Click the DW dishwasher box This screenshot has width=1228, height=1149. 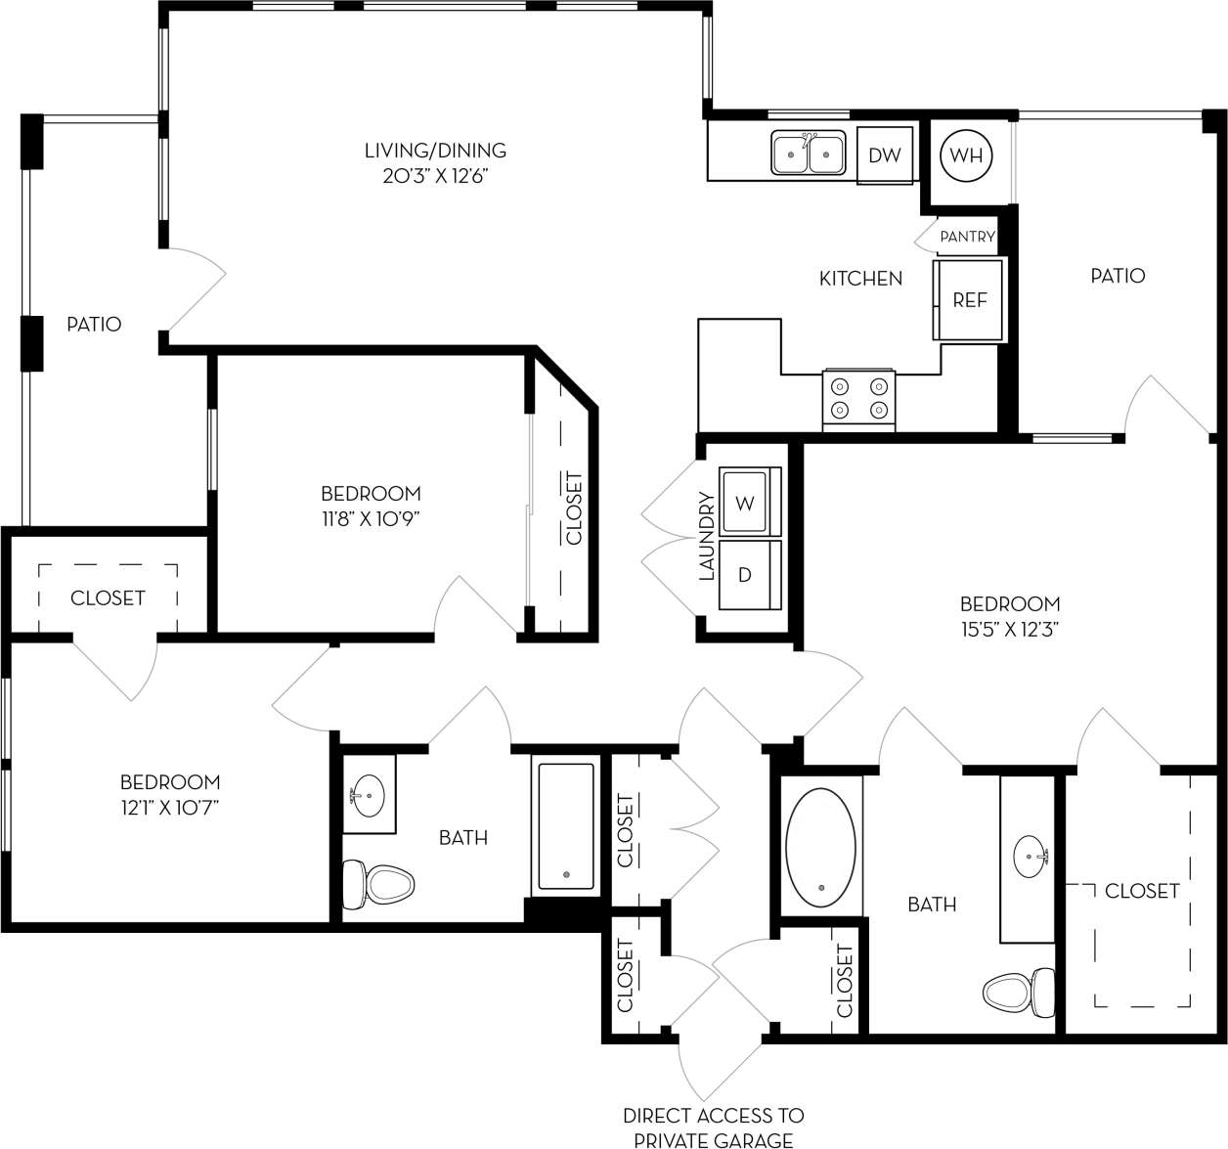pos(885,155)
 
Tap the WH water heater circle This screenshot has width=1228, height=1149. pos(966,155)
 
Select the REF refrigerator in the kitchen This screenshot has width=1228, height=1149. pos(969,300)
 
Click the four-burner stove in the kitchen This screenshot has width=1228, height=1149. pos(859,398)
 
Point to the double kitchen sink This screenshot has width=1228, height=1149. pos(809,154)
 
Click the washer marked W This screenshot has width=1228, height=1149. pos(746,503)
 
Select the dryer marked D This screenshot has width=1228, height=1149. pos(746,574)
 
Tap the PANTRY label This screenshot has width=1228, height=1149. pos(967,237)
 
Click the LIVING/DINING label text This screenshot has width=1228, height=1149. pos(435,151)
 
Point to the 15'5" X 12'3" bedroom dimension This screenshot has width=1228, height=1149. pos(1010,630)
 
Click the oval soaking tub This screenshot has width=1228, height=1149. pos(821,847)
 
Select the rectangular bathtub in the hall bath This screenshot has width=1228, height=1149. pos(566,826)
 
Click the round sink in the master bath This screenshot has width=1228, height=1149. pos(1029,857)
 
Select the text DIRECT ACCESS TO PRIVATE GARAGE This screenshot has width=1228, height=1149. pos(714,1127)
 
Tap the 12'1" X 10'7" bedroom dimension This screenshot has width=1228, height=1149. pos(169,808)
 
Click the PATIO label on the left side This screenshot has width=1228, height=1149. pos(94,324)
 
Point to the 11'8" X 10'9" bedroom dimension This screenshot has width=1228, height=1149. pos(371,519)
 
